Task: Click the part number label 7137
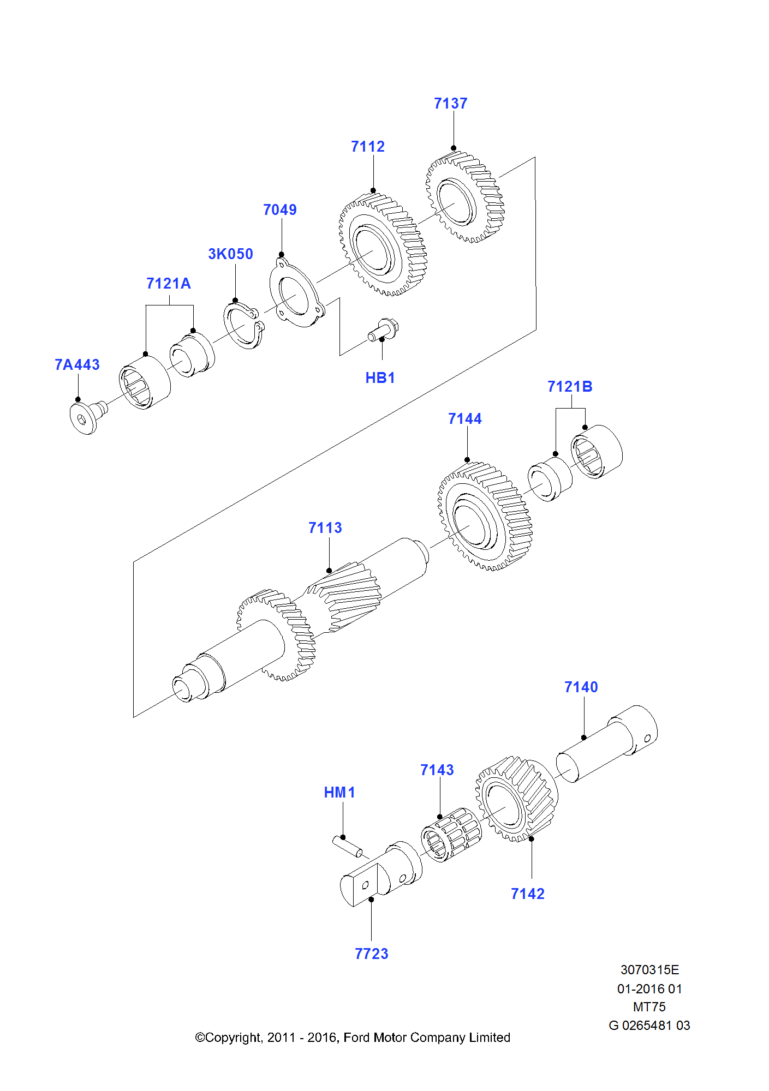tap(450, 104)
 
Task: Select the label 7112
tap(367, 147)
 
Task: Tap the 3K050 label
tap(230, 254)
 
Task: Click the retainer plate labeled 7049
tap(295, 295)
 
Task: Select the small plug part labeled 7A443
tap(87, 416)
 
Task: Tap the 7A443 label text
tap(77, 365)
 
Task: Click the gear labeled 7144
tap(485, 516)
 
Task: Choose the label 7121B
tap(569, 387)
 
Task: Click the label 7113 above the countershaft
tap(325, 528)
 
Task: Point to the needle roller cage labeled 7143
tap(451, 834)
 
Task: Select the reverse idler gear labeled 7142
tap(516, 799)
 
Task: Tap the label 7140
tap(581, 687)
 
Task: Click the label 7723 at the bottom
tap(371, 954)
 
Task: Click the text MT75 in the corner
tap(649, 1007)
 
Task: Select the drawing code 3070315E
tap(649, 970)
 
